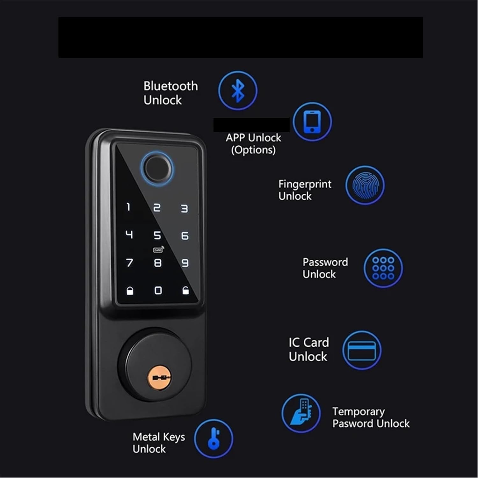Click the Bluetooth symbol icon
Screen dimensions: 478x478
238,91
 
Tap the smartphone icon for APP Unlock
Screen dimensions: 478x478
312,121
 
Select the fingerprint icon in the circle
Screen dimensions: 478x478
365,185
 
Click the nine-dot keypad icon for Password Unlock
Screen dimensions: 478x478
383,268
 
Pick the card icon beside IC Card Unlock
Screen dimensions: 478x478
362,350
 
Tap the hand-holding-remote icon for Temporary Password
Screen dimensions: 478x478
301,413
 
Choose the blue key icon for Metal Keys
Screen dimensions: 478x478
214,438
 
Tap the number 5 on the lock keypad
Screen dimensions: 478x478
157,235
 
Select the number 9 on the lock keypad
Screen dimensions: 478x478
185,263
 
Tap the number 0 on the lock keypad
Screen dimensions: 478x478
158,290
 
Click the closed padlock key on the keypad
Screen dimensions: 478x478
130,291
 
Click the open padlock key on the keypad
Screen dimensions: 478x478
185,290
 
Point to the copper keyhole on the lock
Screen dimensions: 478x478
159,378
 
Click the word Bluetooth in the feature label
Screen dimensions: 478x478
170,86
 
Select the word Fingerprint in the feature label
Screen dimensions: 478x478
305,184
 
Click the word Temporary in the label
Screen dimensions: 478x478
358,411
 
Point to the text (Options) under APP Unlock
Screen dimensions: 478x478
253,150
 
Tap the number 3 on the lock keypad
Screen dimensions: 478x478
185,209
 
